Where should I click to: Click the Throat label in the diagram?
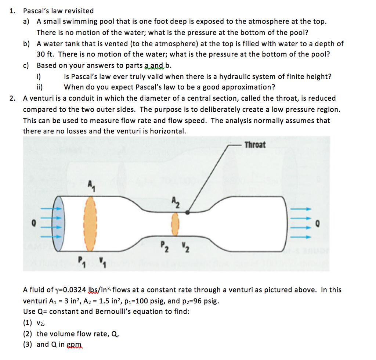(254, 145)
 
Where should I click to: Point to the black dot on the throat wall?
(188, 212)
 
